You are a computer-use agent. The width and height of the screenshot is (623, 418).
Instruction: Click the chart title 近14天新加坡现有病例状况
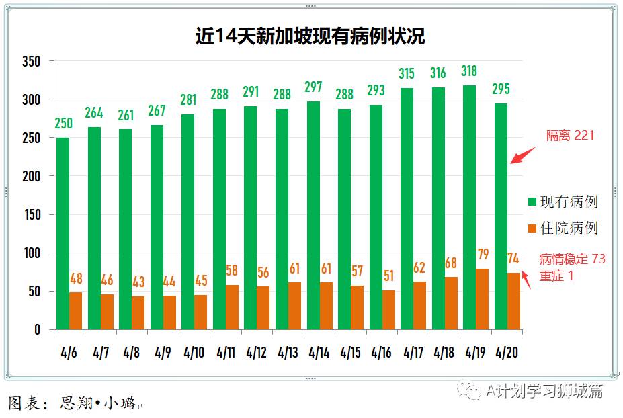tap(310, 36)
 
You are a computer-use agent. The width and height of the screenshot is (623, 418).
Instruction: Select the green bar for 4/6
tap(63, 233)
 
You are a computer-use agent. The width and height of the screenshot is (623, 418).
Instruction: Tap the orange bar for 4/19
tap(483, 299)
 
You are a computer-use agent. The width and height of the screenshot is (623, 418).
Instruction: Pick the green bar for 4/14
tap(313, 215)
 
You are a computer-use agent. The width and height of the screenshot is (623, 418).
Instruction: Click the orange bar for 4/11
tap(233, 307)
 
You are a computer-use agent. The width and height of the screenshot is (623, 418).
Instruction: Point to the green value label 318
tap(470, 71)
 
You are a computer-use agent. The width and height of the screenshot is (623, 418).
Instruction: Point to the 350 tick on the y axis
tap(31, 62)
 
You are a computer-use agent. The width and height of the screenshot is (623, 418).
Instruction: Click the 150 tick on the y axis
tap(31, 215)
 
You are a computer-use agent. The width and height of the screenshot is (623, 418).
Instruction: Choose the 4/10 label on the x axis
tap(194, 352)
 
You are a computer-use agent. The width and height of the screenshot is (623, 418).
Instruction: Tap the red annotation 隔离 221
tap(570, 136)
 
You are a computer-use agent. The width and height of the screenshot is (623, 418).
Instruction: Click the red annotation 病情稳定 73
tap(573, 259)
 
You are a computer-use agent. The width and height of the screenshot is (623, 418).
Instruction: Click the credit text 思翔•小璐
tap(98, 403)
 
